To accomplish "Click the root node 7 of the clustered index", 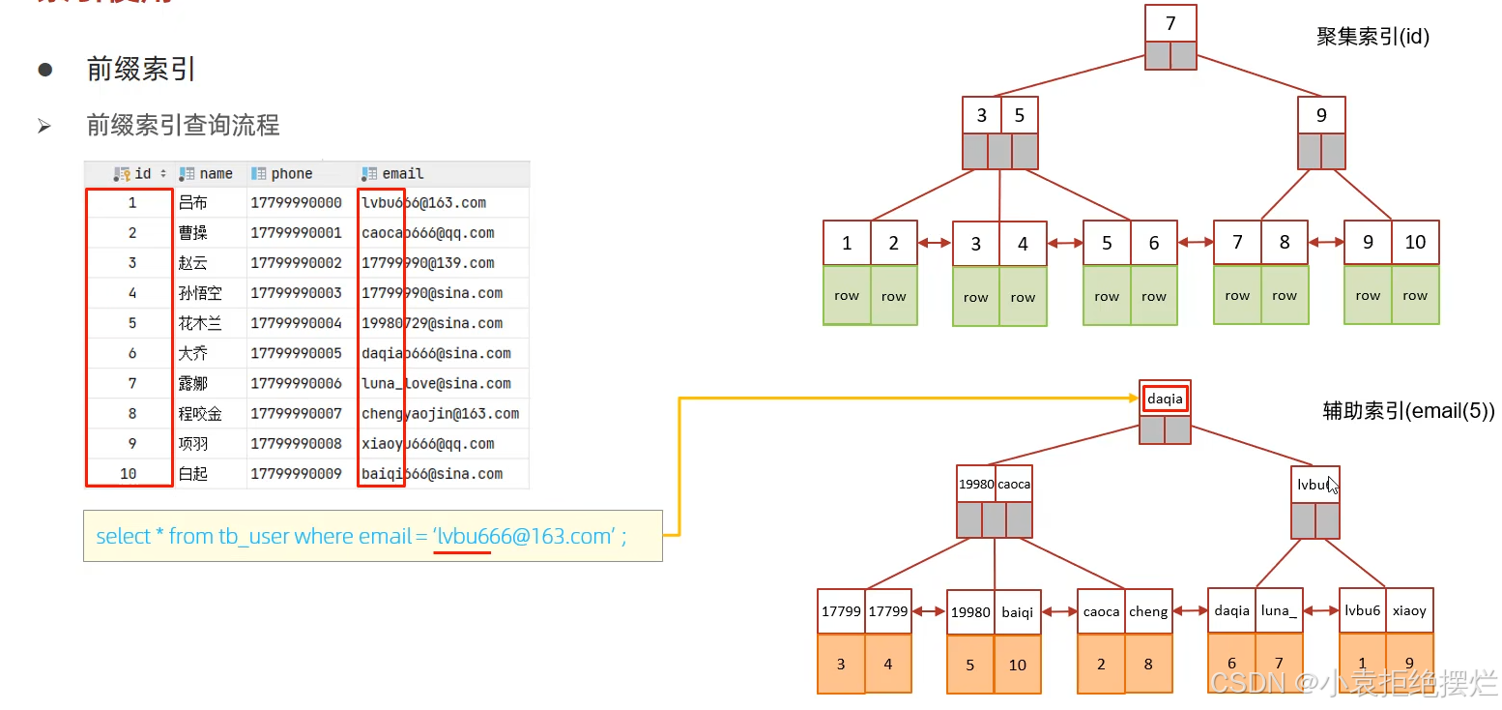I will tap(1170, 23).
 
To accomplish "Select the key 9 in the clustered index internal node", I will tap(1321, 115).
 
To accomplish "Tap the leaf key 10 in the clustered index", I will tap(1415, 243).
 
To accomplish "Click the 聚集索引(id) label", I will tap(1372, 38).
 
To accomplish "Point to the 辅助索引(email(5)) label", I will tap(1408, 411).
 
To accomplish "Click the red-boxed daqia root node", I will tap(1165, 399).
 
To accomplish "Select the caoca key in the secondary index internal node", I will tap(1014, 484).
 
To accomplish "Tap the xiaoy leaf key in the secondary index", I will tap(1409, 610).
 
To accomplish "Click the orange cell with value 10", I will tap(1017, 665).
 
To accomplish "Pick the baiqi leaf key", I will tap(1017, 611).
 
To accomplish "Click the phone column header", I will tap(291, 174).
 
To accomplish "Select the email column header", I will tap(402, 174).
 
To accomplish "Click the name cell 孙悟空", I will tap(200, 293).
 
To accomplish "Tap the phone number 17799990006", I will tap(296, 384).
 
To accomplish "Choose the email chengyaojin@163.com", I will tap(440, 414).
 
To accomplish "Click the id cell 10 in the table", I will tap(129, 474).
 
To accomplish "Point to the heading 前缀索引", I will tap(141, 70).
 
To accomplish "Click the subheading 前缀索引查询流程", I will tap(183, 126).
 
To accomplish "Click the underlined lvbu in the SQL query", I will tap(463, 537).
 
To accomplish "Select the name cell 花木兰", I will tap(200, 323).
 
